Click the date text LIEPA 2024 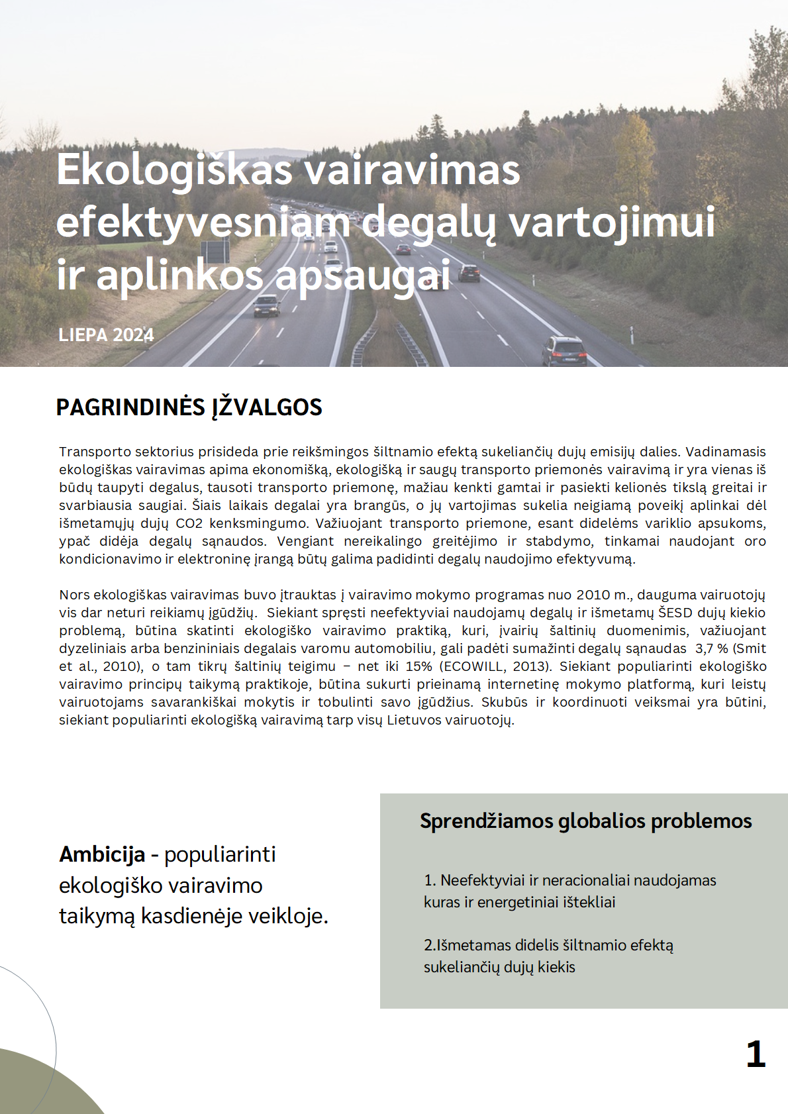pyautogui.click(x=106, y=335)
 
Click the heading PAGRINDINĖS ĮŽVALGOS pyautogui.click(x=189, y=407)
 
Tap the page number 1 pyautogui.click(x=756, y=1054)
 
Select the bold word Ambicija pyautogui.click(x=102, y=854)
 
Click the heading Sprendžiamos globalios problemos pyautogui.click(x=585, y=821)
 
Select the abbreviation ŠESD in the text pyautogui.click(x=675, y=613)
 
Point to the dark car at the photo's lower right pyautogui.click(x=564, y=350)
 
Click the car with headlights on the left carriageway pyautogui.click(x=266, y=306)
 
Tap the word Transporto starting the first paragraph pyautogui.click(x=95, y=452)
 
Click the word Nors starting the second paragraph pyautogui.click(x=74, y=595)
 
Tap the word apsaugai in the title pyautogui.click(x=363, y=276)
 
